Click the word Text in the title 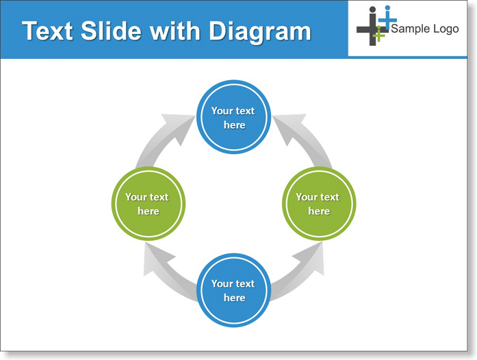point(47,31)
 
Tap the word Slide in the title point(111,31)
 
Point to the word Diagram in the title point(260,32)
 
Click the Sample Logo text point(425,29)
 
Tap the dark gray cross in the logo point(372,27)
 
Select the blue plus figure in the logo point(387,18)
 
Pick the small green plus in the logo point(378,34)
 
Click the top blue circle point(233,117)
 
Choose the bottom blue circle point(233,290)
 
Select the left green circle point(149,203)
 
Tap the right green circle point(319,203)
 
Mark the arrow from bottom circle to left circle point(164,271)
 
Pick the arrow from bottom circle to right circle point(303,271)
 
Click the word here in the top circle point(235,125)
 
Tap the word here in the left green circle point(149,211)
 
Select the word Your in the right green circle point(307,197)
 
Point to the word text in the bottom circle point(245,283)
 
